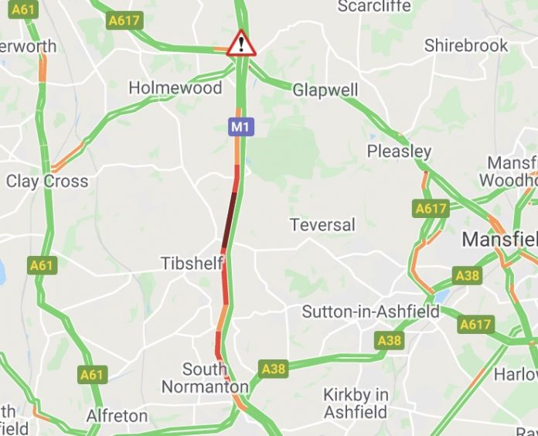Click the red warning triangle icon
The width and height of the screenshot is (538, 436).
pos(241,43)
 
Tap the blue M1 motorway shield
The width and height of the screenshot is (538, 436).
pos(240,126)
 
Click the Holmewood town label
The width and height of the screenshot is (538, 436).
pos(175,87)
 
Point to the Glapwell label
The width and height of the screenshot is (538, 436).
pos(325,90)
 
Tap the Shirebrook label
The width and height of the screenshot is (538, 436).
pos(466,46)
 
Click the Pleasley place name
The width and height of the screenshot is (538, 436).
pos(399,150)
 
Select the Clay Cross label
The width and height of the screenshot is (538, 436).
pos(47,181)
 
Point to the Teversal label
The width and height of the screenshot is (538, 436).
pos(322,225)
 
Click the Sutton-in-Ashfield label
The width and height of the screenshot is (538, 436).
pos(370,312)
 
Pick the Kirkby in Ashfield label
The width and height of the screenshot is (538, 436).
pos(356,403)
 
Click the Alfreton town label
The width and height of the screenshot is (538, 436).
pos(117,415)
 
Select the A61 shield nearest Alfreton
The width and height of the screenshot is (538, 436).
pos(91,375)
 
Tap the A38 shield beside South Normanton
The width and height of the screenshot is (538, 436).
pos(274,369)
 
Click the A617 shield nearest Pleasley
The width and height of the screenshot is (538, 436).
pos(431,208)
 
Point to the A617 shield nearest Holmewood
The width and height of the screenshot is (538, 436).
pos(124,21)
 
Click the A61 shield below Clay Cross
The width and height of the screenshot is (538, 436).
pos(43,265)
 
